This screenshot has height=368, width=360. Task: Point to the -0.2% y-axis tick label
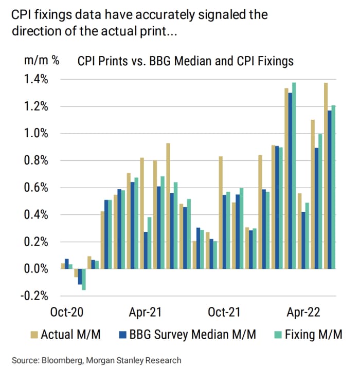click(x=35, y=296)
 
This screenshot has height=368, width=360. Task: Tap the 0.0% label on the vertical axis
click(x=37, y=269)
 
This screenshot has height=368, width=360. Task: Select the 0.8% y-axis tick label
click(x=37, y=161)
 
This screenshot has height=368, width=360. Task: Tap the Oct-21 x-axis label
click(x=225, y=312)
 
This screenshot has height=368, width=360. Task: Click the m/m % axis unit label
click(x=42, y=61)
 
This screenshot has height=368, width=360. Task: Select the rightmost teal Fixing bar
click(x=333, y=187)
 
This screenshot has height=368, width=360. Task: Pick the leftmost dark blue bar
click(x=67, y=264)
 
